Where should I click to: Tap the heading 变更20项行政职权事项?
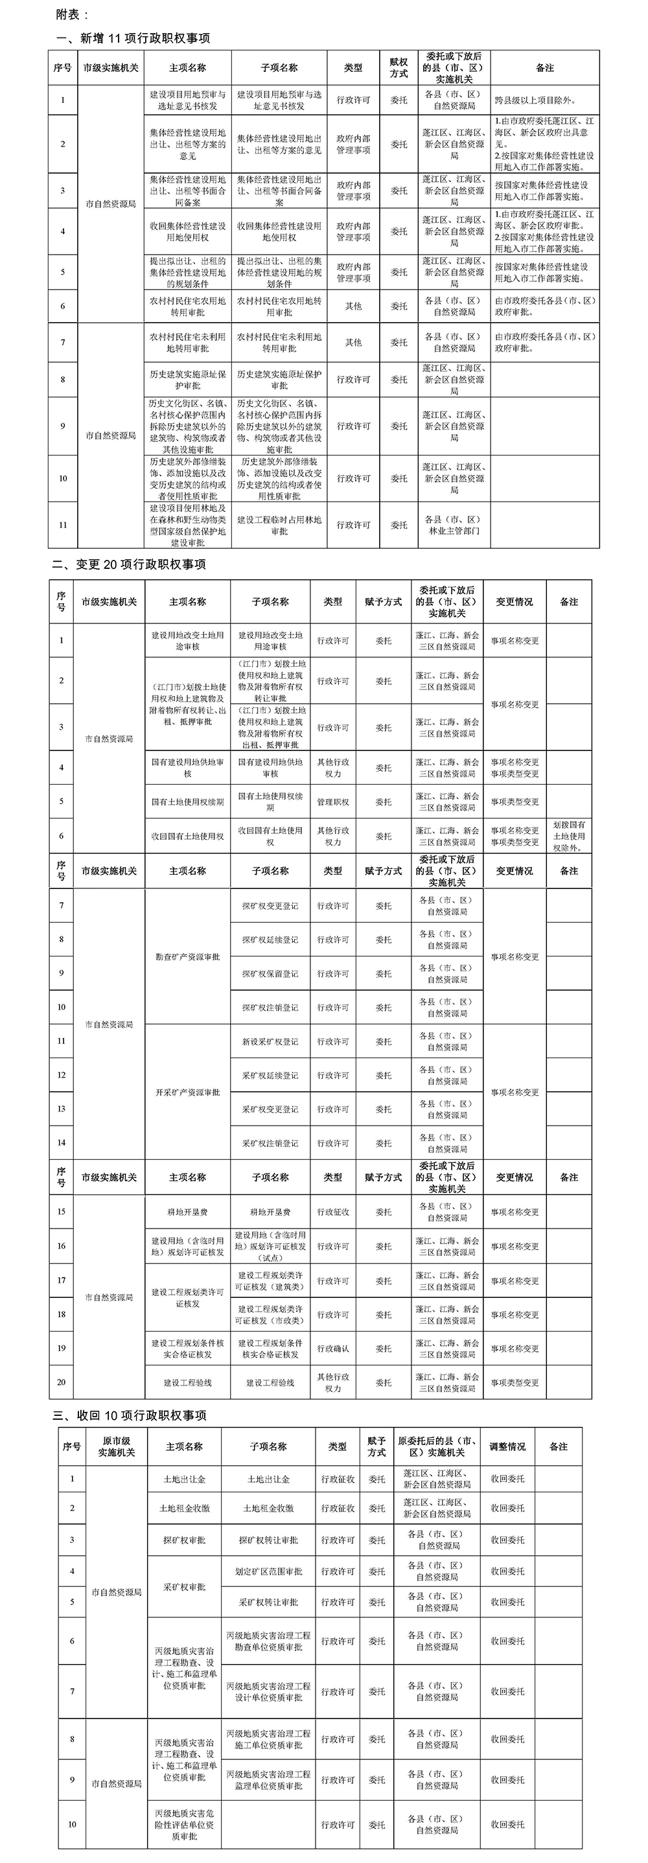pos(129,564)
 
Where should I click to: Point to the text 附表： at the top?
pos(73,14)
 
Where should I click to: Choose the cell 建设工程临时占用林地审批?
pos(279,525)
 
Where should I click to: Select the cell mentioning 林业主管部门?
pos(454,525)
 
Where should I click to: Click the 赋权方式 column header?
pos(399,68)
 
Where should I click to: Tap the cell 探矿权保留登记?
pos(270,973)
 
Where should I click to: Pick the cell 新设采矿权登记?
pos(270,1041)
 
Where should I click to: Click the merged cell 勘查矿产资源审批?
pos(187,957)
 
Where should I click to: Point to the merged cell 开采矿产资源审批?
pos(187,1092)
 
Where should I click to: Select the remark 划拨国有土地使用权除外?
pos(568,836)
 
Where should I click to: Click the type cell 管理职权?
pos(332,802)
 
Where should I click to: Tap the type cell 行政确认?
pos(332,1348)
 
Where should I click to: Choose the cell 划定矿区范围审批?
pos(268,1571)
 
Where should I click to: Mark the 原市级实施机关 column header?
pos(117,1446)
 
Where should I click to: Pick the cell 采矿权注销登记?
pos(270,1144)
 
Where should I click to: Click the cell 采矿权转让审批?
pos(268,1602)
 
